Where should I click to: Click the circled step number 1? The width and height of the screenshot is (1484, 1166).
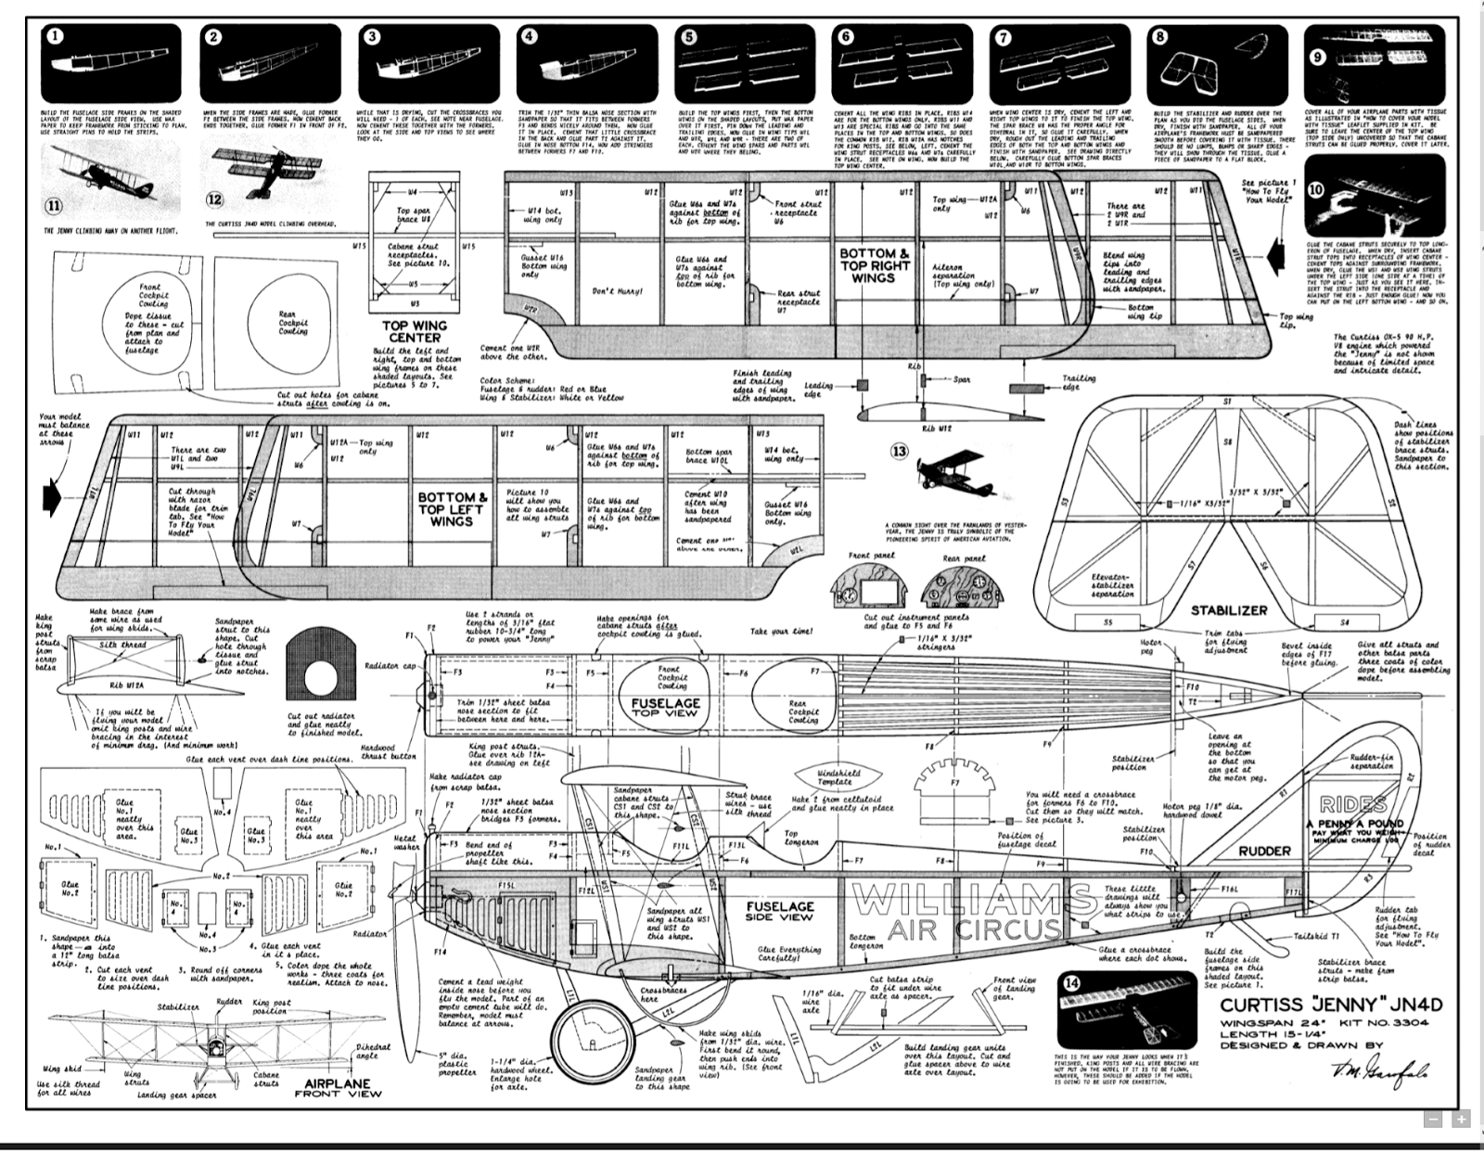pos(55,37)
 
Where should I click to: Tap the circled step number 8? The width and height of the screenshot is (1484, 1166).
pos(1160,37)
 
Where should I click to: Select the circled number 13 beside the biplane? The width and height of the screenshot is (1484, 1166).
pos(899,452)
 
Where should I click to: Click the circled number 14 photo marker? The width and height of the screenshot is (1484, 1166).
pos(1072,984)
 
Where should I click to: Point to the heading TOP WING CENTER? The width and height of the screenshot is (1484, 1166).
pos(415,331)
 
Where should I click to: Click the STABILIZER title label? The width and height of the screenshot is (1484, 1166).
pos(1229,610)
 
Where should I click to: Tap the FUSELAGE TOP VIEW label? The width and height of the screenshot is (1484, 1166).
pos(665,707)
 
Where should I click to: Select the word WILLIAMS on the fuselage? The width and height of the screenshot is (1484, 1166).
pos(970,900)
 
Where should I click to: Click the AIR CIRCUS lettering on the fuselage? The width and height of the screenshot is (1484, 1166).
pos(973,929)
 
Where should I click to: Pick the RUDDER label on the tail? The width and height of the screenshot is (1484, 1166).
pos(1264,851)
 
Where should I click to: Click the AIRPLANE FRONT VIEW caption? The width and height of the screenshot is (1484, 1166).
pos(338,1088)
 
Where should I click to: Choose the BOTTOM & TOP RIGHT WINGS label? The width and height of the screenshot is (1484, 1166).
pos(875,265)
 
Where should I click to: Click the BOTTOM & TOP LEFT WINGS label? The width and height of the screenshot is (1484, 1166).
pos(452,509)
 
